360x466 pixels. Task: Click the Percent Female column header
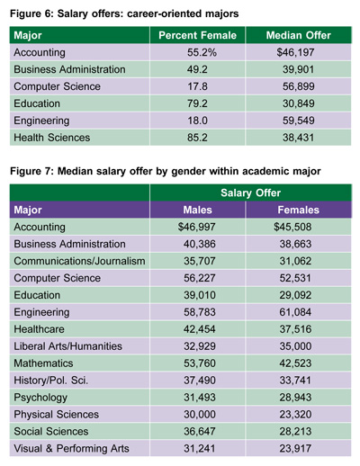tap(197, 35)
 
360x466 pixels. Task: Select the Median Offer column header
tap(299, 35)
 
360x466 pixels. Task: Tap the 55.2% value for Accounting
tap(202, 52)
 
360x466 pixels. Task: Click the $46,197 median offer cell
tap(295, 52)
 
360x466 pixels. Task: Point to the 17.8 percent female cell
tap(197, 86)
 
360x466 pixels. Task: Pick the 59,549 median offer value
tap(299, 121)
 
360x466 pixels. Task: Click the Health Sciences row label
tap(52, 138)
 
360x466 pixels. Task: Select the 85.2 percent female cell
tap(197, 138)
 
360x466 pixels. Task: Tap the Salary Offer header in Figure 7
tap(251, 193)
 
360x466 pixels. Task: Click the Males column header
tap(197, 210)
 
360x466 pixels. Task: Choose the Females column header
tap(299, 210)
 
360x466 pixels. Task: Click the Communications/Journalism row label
tap(79, 261)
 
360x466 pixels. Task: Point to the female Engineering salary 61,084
tap(295, 312)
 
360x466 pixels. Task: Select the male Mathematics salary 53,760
tap(200, 363)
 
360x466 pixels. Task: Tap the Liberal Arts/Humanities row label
tap(68, 346)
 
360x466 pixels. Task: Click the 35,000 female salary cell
tap(295, 346)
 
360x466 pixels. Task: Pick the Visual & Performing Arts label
tap(71, 449)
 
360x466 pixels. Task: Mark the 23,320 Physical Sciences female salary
tap(295, 415)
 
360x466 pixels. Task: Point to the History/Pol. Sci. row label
tap(51, 381)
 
